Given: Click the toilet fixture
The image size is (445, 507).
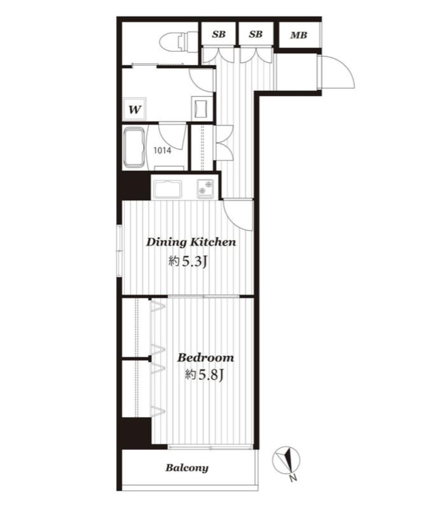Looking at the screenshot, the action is [x=178, y=41].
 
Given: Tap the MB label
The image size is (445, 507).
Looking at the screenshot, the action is [x=298, y=35].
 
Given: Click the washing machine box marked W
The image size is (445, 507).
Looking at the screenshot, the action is [x=135, y=108].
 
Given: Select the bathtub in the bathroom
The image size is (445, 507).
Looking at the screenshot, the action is [x=134, y=148].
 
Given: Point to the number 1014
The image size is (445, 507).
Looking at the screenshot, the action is [x=162, y=150].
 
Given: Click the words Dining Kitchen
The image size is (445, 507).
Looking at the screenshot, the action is [x=191, y=242].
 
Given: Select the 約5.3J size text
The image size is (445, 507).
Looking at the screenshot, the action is [x=187, y=261].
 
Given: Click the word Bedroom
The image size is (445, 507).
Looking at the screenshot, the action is [x=206, y=358].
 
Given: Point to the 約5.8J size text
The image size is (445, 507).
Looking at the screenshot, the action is [x=204, y=375].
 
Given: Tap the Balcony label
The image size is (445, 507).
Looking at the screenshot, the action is [x=187, y=468].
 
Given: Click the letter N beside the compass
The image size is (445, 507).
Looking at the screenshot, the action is [x=293, y=477].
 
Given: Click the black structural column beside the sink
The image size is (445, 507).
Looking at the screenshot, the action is [x=136, y=185].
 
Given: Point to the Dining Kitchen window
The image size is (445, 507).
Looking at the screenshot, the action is [x=119, y=251].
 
